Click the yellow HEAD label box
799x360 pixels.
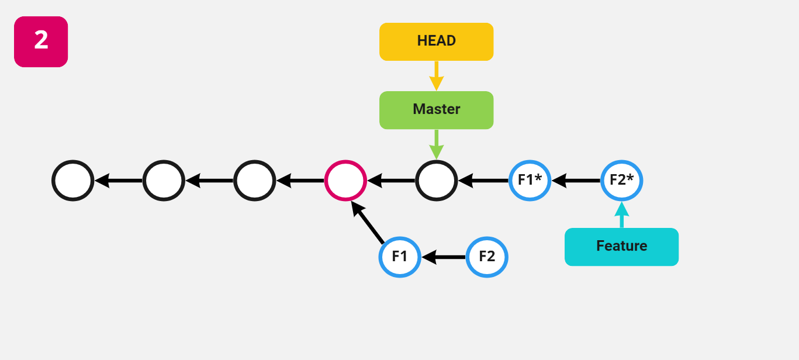pyautogui.click(x=436, y=41)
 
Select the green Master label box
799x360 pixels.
pyautogui.click(x=436, y=110)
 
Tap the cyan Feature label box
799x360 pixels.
pyautogui.click(x=621, y=247)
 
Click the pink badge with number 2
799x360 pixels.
pyautogui.click(x=41, y=41)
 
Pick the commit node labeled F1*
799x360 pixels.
pyautogui.click(x=530, y=181)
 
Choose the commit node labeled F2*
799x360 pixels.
pyautogui.click(x=621, y=181)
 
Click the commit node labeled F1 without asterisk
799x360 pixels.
pyautogui.click(x=400, y=257)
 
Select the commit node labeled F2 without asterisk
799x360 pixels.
pyautogui.click(x=487, y=257)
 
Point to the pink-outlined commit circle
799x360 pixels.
pyautogui.click(x=345, y=181)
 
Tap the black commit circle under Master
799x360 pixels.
pyautogui.click(x=436, y=181)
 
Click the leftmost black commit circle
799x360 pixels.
pyautogui.click(x=72, y=181)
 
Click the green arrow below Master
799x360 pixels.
pyautogui.click(x=436, y=144)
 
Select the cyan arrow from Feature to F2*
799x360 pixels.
pyautogui.click(x=621, y=215)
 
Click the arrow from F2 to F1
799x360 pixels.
pyautogui.click(x=444, y=257)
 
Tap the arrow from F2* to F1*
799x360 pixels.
pyautogui.click(x=576, y=181)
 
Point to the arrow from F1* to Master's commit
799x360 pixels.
pyautogui.click(x=484, y=181)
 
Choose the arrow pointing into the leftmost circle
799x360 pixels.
pyautogui.click(x=119, y=181)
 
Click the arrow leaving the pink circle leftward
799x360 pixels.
pyautogui.click(x=300, y=181)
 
